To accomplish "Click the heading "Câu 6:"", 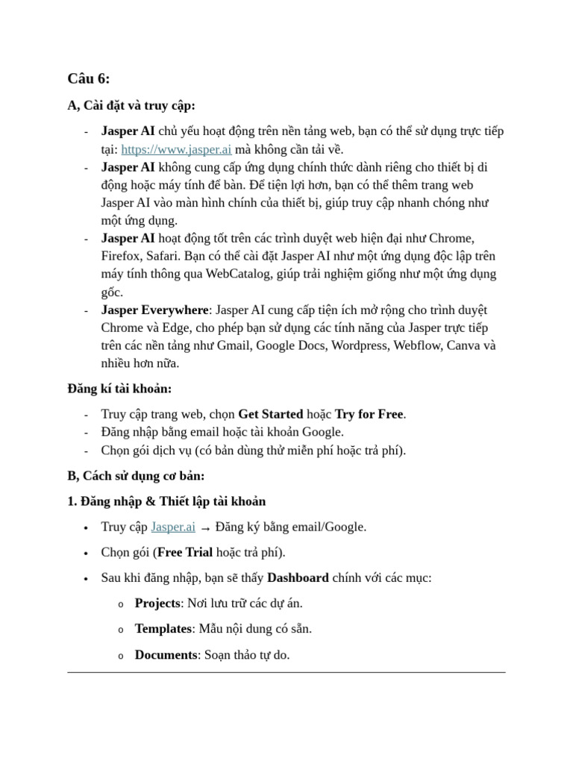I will tap(88, 79).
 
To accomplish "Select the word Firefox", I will tap(122, 256).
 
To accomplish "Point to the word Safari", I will tap(170, 256).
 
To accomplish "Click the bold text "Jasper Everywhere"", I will tap(154, 310).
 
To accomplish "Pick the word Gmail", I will tap(234, 345).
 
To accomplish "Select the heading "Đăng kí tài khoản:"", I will tap(119, 389).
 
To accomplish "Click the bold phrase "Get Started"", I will tap(270, 414).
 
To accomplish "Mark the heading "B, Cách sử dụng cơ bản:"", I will tap(136, 476).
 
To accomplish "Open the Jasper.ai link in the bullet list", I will tap(173, 527).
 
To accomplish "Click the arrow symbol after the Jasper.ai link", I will tap(205, 528).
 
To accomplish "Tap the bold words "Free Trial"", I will tap(185, 553).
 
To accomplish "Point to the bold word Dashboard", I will tap(298, 578).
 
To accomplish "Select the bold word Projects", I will tap(157, 604).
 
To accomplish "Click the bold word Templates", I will tap(163, 629).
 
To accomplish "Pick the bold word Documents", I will tap(165, 655).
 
